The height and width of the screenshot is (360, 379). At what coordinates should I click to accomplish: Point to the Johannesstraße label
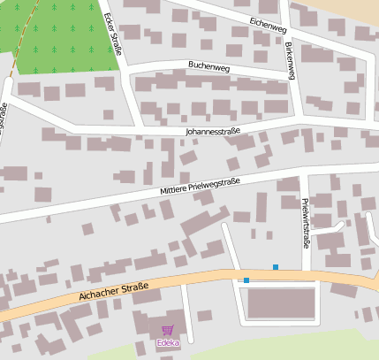[212, 131]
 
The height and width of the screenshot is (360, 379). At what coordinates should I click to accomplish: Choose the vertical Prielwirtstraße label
[305, 222]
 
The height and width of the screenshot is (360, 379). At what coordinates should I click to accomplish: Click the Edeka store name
[166, 343]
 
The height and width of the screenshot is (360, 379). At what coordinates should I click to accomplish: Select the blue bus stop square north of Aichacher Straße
[276, 267]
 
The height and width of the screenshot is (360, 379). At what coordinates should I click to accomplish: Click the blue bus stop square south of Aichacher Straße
[246, 280]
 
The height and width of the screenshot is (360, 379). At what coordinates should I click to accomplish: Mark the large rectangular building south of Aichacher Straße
[281, 303]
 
